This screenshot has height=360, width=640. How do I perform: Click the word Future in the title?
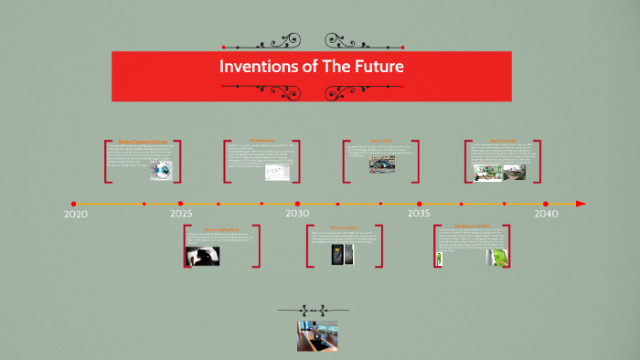click(378, 68)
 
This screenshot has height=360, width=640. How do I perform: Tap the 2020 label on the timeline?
click(76, 214)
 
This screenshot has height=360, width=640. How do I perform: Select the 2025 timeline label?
click(181, 214)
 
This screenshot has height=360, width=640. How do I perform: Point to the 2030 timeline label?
click(297, 214)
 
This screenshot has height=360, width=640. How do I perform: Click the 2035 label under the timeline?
click(419, 214)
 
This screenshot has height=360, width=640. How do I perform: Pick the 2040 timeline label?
click(546, 214)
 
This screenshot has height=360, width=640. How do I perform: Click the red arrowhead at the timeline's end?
click(581, 204)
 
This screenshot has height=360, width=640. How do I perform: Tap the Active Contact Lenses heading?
click(144, 142)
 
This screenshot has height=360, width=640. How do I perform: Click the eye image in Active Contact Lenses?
click(161, 171)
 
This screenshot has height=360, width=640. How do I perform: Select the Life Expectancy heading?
click(261, 141)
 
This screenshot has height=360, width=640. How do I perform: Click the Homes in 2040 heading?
click(503, 141)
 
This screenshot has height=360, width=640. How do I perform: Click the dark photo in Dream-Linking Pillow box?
click(203, 257)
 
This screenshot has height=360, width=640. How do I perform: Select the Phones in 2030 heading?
click(343, 227)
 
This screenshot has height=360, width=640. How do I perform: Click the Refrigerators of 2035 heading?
click(472, 226)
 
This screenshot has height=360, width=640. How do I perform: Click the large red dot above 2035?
click(419, 204)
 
